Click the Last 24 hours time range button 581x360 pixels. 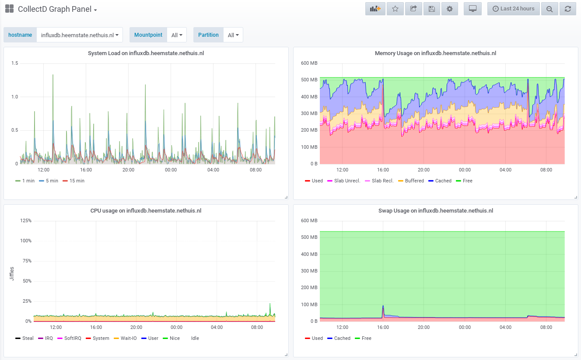pos(513,9)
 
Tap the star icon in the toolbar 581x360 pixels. pos(395,9)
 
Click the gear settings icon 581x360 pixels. pos(449,9)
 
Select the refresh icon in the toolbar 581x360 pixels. pos(568,9)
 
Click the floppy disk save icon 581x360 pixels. pos(432,9)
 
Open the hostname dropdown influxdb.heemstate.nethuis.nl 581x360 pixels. pos(80,35)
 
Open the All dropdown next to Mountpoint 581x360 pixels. pos(177,35)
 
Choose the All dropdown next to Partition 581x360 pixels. pos(233,35)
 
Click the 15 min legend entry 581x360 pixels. pos(73,181)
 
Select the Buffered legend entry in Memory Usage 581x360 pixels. pos(411,181)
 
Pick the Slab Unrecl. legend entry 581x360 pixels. pos(344,181)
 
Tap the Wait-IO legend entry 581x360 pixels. pos(125,338)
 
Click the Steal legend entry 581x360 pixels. pos(24,338)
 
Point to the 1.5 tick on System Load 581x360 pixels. pos(15,63)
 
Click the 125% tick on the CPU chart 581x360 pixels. pos(26,221)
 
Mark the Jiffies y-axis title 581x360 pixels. pos(12,274)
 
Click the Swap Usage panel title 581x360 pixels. pos(435,210)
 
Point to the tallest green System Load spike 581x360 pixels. pos(53,75)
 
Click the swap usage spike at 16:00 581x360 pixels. pos(383,307)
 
